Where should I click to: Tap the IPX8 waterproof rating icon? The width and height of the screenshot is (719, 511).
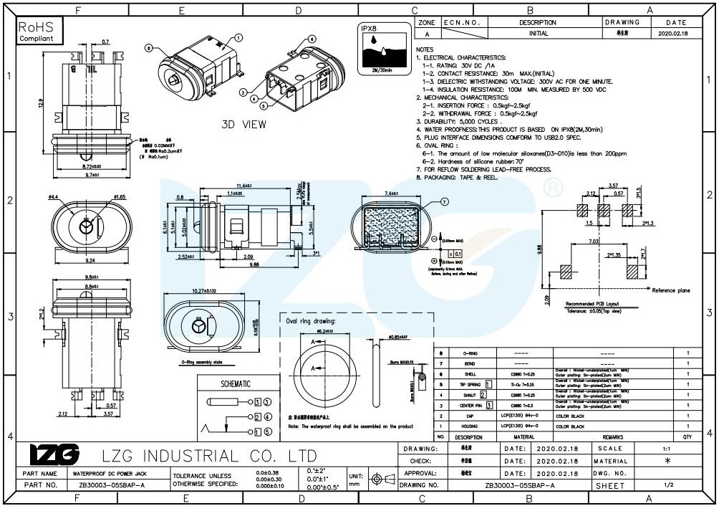click(380, 48)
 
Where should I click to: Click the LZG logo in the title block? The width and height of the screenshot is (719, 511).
click(55, 454)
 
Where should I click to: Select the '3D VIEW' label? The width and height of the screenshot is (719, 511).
click(243, 124)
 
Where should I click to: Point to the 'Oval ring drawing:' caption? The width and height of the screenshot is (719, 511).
click(311, 321)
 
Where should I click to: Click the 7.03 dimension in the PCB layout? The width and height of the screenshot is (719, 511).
click(594, 242)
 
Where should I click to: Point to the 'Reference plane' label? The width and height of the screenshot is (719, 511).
click(671, 290)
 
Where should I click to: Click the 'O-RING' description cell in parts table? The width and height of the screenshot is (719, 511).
click(470, 353)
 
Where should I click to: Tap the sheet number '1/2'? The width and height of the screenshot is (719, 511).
click(668, 485)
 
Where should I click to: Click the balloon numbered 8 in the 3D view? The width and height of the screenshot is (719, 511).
click(148, 49)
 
